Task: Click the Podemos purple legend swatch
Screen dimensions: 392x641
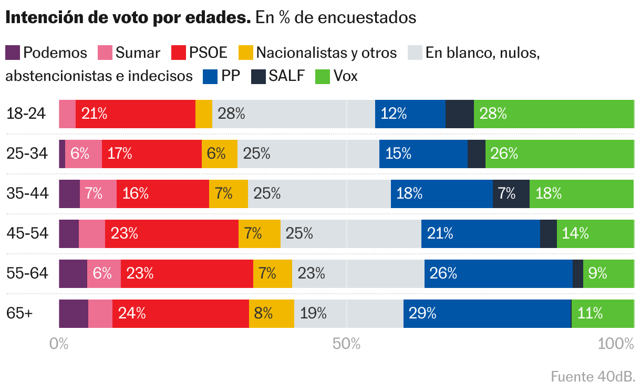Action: tap(13, 53)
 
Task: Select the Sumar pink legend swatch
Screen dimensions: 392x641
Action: tap(105, 53)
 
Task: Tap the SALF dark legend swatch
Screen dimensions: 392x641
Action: tap(259, 76)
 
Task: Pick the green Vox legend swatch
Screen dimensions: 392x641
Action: tap(322, 76)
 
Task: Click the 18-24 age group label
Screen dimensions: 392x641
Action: tap(26, 114)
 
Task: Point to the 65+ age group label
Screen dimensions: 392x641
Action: tap(19, 313)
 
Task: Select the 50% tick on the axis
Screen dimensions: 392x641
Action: tap(347, 344)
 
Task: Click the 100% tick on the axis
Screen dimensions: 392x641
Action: tap(616, 344)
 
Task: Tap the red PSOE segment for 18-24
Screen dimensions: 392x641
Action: tap(136, 114)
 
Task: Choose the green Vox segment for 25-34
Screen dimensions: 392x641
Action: tap(560, 153)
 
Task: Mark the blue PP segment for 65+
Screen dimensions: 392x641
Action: tap(487, 313)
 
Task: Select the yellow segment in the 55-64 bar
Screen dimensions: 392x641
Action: tap(272, 273)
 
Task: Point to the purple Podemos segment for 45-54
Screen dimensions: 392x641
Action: tap(69, 233)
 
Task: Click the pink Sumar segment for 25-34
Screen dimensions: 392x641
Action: tap(83, 153)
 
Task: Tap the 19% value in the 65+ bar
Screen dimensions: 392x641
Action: tap(313, 313)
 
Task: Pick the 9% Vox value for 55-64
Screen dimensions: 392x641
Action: tap(598, 273)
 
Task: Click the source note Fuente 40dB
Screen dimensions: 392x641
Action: tap(593, 376)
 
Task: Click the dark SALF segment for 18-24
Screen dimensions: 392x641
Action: tap(459, 114)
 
